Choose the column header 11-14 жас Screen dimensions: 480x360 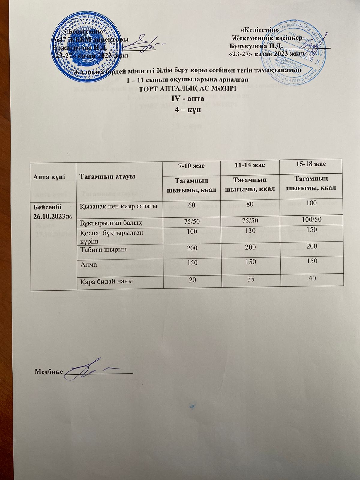(x=250, y=165)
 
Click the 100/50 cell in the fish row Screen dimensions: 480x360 (x=311, y=220)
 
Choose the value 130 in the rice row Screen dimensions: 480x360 (x=250, y=231)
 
